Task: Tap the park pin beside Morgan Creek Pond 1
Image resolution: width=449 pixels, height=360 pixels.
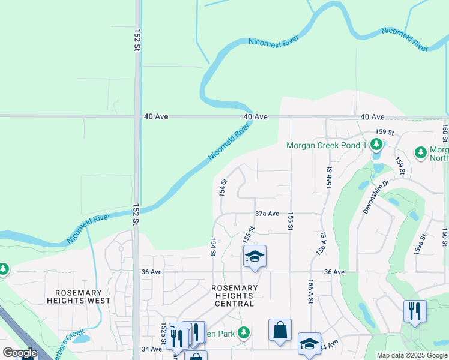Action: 376,144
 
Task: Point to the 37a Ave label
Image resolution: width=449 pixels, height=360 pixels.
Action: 267,214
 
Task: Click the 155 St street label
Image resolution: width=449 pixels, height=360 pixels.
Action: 248,234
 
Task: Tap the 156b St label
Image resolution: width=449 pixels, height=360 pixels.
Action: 329,181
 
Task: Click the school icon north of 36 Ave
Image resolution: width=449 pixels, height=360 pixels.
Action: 255,257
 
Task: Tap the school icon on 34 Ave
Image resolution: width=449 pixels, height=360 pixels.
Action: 309,344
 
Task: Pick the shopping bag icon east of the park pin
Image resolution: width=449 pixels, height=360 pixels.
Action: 280,330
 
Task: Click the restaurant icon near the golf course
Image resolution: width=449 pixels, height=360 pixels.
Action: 415,311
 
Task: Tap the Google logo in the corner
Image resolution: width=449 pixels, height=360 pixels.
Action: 20,353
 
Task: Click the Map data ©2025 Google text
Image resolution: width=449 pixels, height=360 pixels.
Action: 412,355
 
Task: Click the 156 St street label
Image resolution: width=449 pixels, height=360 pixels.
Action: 291,221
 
